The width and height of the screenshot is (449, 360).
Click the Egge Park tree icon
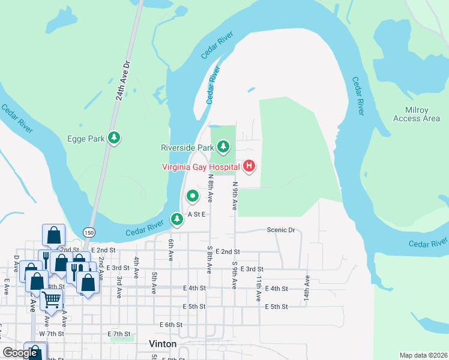pos(114,138)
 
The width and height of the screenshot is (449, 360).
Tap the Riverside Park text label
pos(187,147)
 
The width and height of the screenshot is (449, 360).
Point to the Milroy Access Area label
pos(416,114)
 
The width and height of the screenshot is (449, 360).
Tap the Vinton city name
pos(162,344)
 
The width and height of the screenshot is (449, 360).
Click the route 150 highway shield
pos(89,232)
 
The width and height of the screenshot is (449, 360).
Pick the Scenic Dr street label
pos(281,230)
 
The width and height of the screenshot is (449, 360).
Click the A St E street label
pos(197,214)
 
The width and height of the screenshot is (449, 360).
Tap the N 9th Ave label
pos(235,196)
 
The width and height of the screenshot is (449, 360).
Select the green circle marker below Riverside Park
pos(192,196)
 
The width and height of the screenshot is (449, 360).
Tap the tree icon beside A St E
pos(176,219)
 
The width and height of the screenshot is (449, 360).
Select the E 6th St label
pos(171,325)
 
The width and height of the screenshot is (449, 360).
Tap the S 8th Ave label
pos(209,259)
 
